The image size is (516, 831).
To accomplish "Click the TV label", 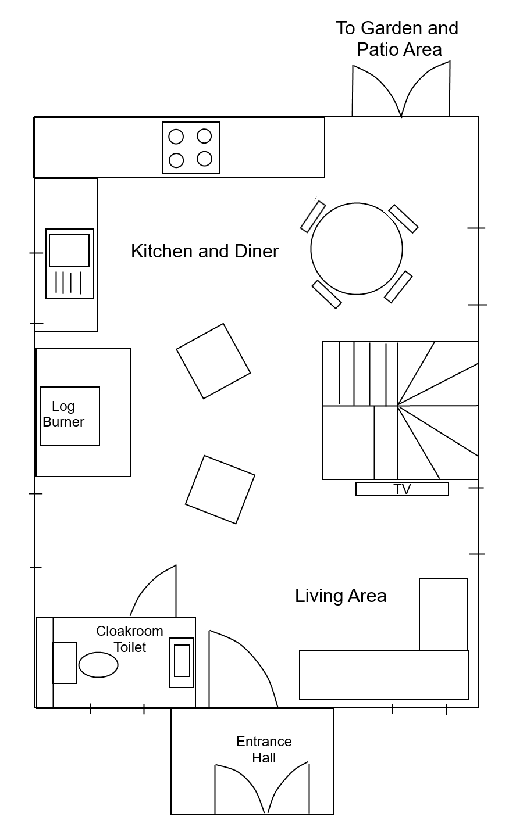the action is pyautogui.click(x=402, y=489).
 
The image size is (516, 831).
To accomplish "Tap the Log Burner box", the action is pyautogui.click(x=70, y=416).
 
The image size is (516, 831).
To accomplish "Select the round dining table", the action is pyautogui.click(x=357, y=249).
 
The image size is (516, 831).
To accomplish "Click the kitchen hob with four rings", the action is pyautogui.click(x=191, y=148).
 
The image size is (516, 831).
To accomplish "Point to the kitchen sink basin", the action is pyautogui.click(x=69, y=250).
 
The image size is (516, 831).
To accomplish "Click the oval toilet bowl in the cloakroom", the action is pyautogui.click(x=98, y=665).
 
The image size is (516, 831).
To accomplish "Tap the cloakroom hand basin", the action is pyautogui.click(x=182, y=662).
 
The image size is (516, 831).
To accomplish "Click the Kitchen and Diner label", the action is pyautogui.click(x=205, y=251).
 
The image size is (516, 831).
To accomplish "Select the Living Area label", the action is pyautogui.click(x=341, y=596).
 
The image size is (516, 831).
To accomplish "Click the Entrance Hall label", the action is pyautogui.click(x=264, y=750).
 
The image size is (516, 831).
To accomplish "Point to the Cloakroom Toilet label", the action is pyautogui.click(x=130, y=639).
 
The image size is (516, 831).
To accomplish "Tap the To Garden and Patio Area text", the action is pyautogui.click(x=397, y=38).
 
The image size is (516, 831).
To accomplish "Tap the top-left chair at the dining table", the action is pyautogui.click(x=313, y=217).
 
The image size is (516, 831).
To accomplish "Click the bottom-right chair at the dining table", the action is pyautogui.click(x=398, y=286).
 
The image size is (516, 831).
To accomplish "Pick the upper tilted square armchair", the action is pyautogui.click(x=213, y=361).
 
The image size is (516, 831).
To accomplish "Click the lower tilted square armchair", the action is pyautogui.click(x=220, y=489).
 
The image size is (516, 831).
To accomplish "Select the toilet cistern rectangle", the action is pyautogui.click(x=65, y=663).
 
